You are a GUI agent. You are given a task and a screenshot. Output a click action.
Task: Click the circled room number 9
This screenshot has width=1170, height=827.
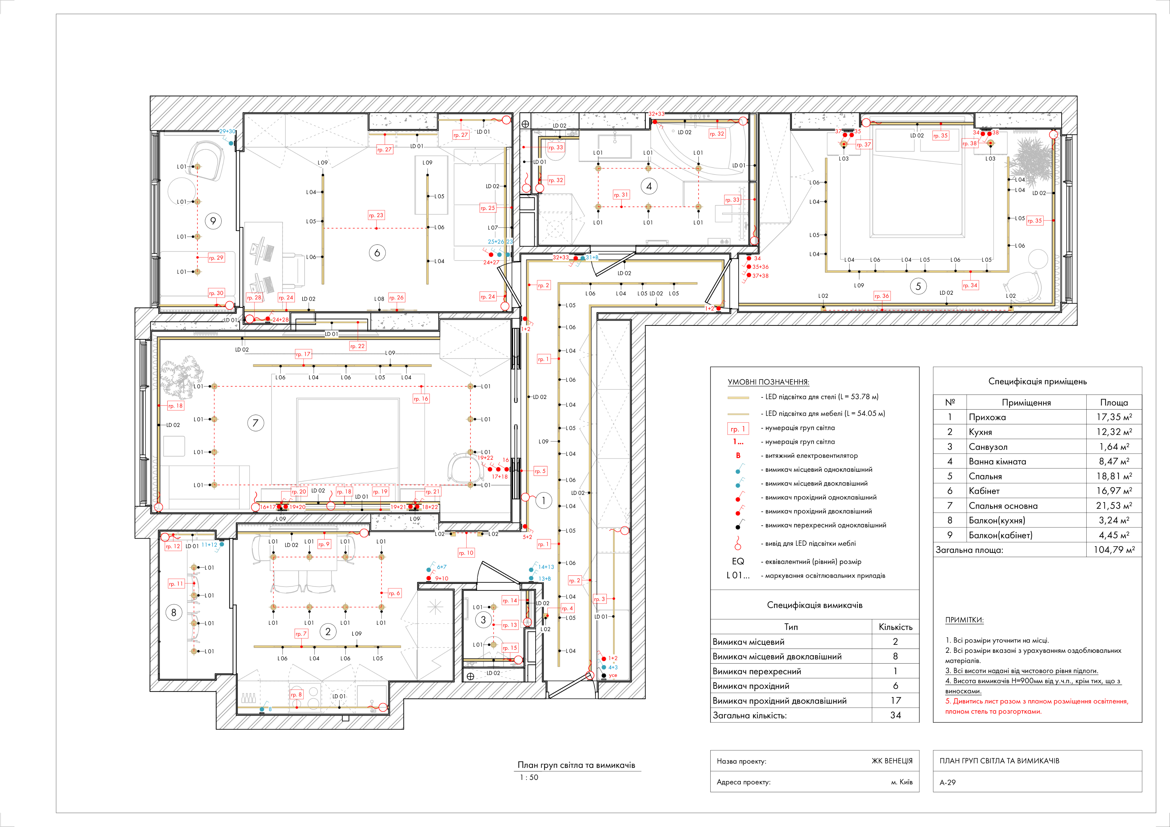coord(213,221)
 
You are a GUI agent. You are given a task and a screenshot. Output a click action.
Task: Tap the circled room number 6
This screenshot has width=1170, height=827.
coord(377,253)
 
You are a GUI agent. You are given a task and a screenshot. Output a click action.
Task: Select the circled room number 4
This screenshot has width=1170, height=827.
coord(649,186)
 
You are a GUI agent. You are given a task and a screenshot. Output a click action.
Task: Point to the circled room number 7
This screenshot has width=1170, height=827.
coord(255,423)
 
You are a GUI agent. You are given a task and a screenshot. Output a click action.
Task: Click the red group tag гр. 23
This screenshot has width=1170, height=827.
coord(376,216)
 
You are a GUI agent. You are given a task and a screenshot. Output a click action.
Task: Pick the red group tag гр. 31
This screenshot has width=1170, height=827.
coord(621,195)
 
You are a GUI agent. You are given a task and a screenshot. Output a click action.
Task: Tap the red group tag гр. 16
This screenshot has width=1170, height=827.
coord(421,399)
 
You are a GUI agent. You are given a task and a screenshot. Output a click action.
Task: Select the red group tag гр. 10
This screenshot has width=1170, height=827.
coord(466,553)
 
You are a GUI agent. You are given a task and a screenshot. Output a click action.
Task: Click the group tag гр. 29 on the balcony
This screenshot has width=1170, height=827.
coord(216,258)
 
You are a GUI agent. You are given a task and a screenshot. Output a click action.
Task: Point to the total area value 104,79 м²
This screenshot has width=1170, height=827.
coord(1114,550)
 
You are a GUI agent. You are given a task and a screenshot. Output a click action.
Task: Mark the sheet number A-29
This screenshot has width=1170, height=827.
coord(948,782)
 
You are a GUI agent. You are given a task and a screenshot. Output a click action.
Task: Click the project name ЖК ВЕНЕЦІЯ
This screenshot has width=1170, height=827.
coord(892,761)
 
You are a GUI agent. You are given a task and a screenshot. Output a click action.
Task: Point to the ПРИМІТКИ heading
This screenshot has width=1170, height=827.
coord(964,620)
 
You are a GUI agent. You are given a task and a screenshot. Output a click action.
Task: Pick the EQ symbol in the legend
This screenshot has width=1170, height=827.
coord(738,561)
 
